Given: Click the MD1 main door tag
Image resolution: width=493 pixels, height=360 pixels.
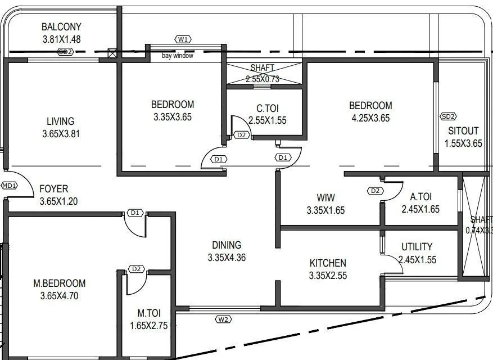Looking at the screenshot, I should (10, 186).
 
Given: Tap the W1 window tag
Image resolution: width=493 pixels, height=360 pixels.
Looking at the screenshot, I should (183, 39).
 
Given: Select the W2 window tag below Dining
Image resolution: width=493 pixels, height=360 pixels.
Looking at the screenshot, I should (223, 319).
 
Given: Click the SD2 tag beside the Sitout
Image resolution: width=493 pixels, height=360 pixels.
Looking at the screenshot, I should (448, 116).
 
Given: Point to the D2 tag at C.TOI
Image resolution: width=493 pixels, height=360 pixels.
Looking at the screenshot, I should (242, 135).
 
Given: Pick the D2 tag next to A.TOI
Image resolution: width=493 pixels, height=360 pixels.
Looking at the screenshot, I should (376, 191).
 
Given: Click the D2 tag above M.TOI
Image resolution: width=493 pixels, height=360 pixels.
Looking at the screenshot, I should (136, 269).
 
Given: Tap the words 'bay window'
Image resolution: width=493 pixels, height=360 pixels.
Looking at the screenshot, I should (178, 56).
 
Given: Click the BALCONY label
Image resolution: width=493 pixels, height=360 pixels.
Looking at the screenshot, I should (61, 27).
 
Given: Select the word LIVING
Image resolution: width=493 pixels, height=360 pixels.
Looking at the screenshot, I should (60, 121).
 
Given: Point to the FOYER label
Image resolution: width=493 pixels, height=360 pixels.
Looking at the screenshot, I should (54, 189).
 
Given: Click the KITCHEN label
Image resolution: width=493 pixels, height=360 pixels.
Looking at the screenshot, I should (328, 263).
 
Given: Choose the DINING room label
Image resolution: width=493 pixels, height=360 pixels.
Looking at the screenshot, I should (227, 245).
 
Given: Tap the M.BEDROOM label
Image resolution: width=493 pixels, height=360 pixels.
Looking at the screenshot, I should (60, 283).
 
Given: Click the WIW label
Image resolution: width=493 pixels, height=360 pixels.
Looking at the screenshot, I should (325, 197).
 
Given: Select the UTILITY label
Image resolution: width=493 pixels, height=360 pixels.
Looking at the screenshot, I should (417, 247).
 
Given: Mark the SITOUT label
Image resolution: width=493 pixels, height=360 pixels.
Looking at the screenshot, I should (463, 131).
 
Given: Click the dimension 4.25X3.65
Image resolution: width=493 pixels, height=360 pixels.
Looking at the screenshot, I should (370, 118).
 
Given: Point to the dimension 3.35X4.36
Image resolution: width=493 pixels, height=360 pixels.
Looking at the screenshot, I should (227, 258).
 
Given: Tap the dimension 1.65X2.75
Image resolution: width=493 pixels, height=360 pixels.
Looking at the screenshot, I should (148, 325).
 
